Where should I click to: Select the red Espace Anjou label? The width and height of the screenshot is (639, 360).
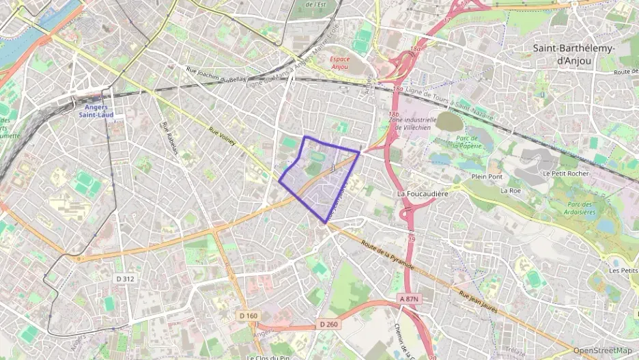click(x=339, y=63)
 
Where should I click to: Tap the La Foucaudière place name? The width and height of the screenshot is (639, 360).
click(x=423, y=194)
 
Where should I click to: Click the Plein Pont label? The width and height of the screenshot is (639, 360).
click(x=486, y=177)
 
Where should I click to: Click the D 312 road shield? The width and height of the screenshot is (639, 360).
click(x=125, y=278)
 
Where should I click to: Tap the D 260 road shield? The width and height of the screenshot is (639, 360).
click(x=328, y=324)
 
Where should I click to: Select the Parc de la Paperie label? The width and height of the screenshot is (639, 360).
click(x=465, y=141)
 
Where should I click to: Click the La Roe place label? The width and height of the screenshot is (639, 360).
click(x=510, y=191)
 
